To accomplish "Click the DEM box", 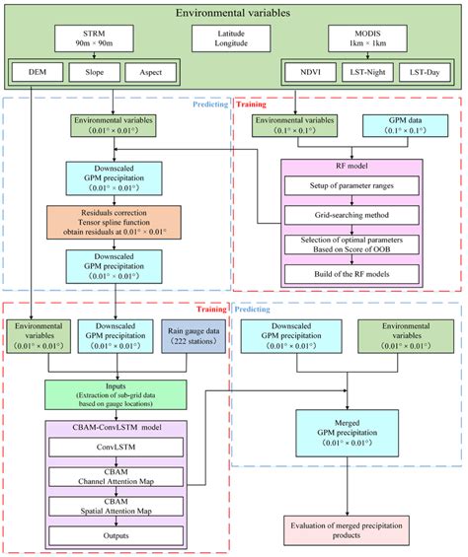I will pyautogui.click(x=38, y=72).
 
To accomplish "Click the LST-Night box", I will pyautogui.click(x=369, y=72).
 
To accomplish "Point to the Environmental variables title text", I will pyautogui.click(x=233, y=14).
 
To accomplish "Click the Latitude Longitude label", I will pyautogui.click(x=233, y=41).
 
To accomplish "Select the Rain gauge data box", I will pyautogui.click(x=191, y=338).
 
